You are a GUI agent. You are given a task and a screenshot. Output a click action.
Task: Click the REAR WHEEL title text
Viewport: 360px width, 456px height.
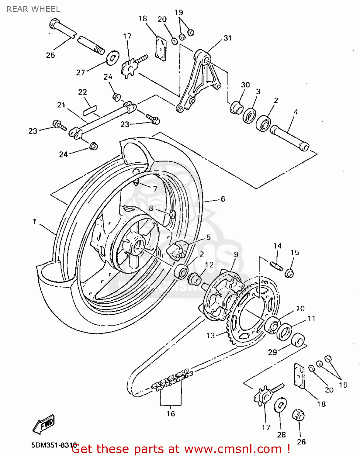(33, 9)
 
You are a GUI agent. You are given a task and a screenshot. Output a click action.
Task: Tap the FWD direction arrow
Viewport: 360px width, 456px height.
(44, 423)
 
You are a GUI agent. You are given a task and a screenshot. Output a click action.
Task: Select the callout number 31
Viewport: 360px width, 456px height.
(228, 38)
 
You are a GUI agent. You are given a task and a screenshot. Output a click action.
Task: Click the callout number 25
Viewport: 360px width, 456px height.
(50, 55)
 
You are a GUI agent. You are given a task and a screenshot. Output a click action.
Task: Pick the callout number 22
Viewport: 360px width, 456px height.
(82, 92)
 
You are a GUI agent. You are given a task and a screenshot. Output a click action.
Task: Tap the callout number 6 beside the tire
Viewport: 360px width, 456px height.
(223, 199)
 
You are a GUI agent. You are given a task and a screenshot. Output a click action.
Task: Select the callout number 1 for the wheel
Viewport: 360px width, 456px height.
(34, 222)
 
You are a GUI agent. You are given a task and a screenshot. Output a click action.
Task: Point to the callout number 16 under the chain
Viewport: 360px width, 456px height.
(171, 414)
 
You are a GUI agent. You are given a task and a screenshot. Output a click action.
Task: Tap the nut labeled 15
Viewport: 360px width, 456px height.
(289, 273)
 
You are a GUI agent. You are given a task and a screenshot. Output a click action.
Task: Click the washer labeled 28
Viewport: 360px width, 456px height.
(280, 406)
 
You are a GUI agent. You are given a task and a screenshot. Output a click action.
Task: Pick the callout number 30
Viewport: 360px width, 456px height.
(245, 85)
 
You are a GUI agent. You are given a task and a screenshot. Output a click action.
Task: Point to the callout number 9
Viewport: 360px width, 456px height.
(236, 254)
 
